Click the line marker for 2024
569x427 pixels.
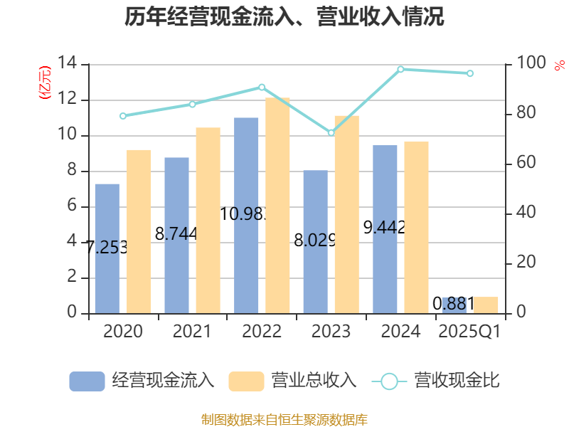[400, 69]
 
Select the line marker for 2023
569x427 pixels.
[331, 133]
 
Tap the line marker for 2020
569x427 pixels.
[123, 115]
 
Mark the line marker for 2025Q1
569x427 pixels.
[469, 73]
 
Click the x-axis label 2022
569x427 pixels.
[262, 332]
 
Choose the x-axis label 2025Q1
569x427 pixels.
[469, 332]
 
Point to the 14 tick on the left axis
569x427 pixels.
[68, 64]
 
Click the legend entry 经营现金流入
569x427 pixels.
[142, 381]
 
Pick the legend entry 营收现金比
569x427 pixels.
[437, 381]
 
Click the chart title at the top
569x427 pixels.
[284, 17]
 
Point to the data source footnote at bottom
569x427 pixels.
[284, 419]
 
